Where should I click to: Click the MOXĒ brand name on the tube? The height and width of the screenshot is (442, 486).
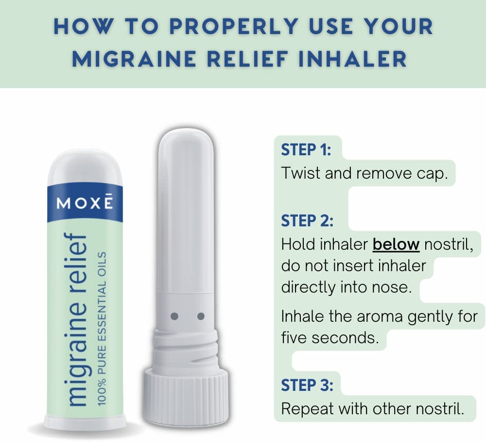pyautogui.click(x=85, y=202)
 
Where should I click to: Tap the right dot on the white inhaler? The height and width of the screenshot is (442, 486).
pyautogui.click(x=201, y=316)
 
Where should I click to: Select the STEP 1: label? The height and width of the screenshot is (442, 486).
pyautogui.click(x=306, y=150)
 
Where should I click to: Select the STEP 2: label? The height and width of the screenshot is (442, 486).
pyautogui.click(x=307, y=221)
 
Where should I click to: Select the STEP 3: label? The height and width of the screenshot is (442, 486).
pyautogui.click(x=307, y=386)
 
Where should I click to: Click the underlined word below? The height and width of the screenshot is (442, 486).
pyautogui.click(x=396, y=244)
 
